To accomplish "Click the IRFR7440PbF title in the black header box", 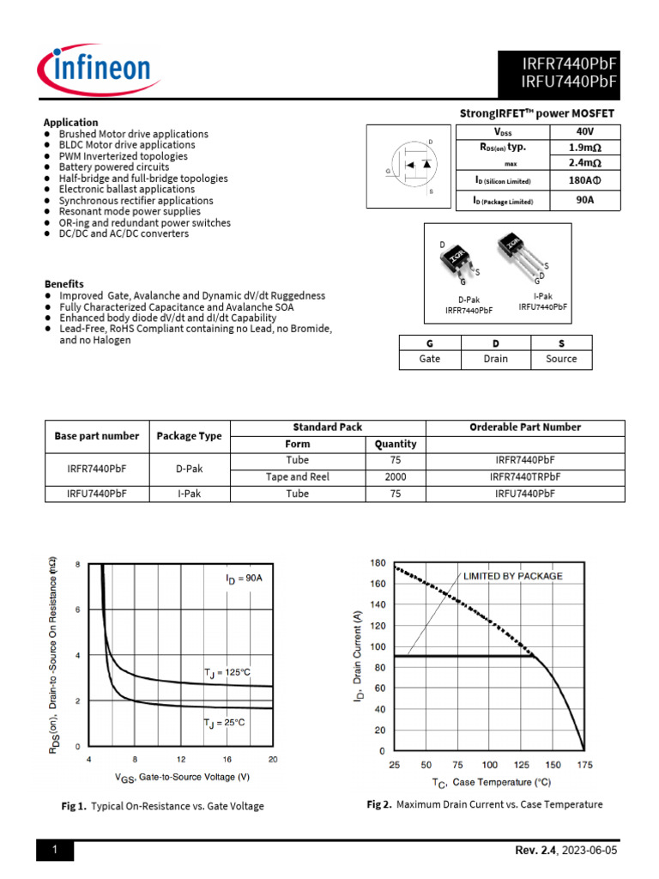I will pos(570,63).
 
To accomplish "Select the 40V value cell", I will pos(585,131).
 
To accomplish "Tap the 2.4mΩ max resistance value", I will pos(585,163).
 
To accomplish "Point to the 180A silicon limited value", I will pos(585,181).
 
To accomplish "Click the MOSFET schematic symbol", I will pos(408,165).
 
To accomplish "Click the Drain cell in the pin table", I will pos(495,359).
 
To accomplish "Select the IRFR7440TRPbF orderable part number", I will pos(525,476).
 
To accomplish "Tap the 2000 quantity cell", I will pos(396,476).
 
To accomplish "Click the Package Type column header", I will pos(189,436).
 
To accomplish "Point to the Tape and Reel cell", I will pos(297,476).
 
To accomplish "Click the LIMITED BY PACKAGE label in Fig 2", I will pos(513,575).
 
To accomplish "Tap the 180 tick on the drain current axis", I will pos(378,563).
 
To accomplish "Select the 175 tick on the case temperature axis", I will pos(585,765).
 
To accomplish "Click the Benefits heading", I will pos(64,283).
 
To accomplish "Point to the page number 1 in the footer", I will pos(55,851).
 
